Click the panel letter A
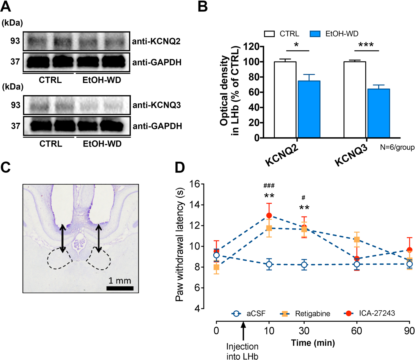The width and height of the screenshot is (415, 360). point(6,6)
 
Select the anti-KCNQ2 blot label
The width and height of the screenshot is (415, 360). point(156,41)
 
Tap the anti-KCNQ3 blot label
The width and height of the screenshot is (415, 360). point(157,105)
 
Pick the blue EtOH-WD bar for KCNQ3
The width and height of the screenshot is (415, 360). point(378,113)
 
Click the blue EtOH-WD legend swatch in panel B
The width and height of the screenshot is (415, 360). point(315,34)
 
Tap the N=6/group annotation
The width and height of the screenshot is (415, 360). point(397,147)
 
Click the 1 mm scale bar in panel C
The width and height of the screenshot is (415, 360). point(120,288)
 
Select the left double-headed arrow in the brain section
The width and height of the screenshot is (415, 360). point(62,238)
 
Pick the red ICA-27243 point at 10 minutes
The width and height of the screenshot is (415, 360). point(269,215)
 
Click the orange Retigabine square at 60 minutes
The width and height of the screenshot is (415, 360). point(357,240)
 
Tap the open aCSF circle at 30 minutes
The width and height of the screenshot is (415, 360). point(304,265)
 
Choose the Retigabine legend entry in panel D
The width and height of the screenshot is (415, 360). point(305,314)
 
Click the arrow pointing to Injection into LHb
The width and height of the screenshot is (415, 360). point(243,331)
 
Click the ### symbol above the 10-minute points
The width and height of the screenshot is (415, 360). point(269,186)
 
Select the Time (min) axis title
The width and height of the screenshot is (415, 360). point(313,343)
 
